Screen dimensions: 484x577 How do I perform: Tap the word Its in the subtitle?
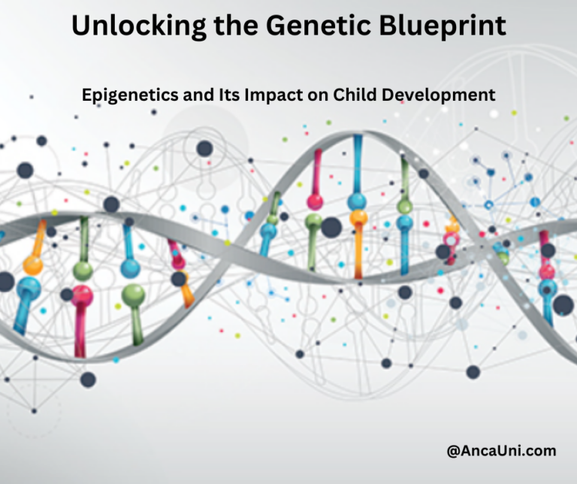pos(223,95)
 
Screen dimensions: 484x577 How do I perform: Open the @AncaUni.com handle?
pos(501,451)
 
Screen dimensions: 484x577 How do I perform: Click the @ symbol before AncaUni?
pos(454,451)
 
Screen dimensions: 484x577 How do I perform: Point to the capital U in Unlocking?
pos(82,27)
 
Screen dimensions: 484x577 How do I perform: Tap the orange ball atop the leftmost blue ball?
pos(32,265)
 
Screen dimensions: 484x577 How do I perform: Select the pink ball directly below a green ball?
pos(82,295)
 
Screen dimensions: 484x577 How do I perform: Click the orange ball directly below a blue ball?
pos(358,219)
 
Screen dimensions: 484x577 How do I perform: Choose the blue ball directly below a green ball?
pos(405,223)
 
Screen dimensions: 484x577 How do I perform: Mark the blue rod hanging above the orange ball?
pos(358,162)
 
